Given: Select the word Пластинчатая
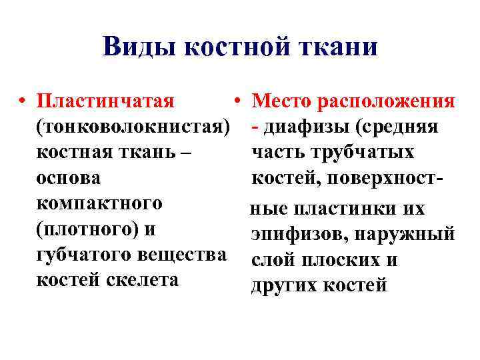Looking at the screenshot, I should [106, 102].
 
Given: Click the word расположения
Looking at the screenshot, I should [387, 102].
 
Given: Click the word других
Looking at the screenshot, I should [283, 285].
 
